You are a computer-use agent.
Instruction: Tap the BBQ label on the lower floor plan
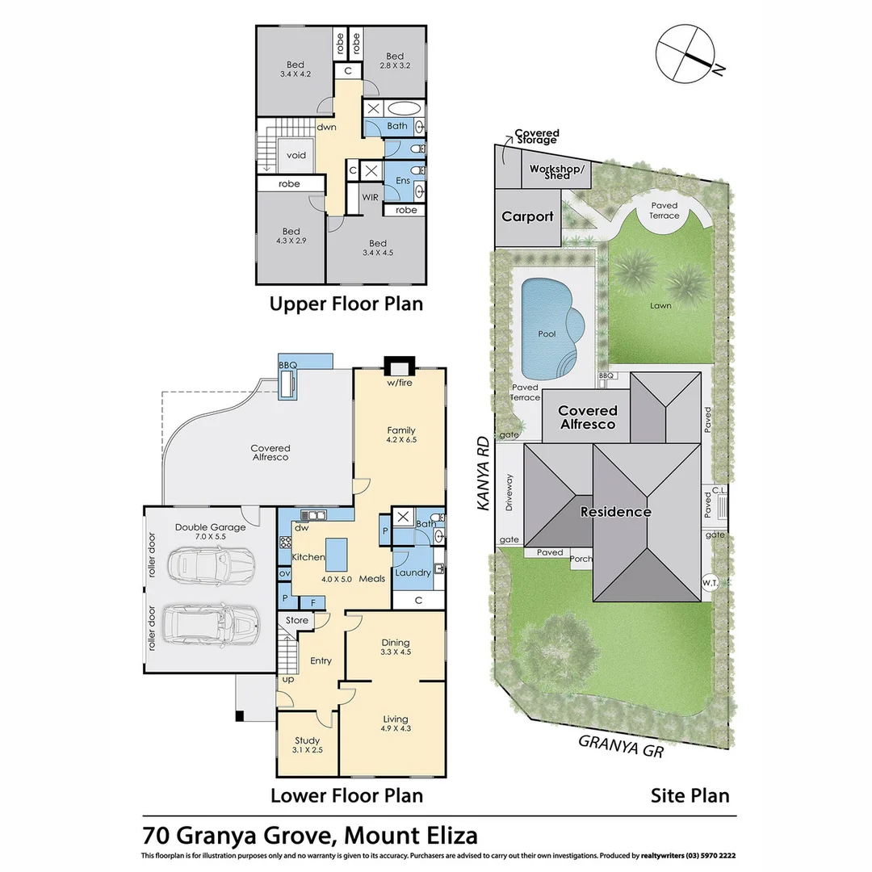click(287, 366)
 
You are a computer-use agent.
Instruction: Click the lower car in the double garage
click(210, 623)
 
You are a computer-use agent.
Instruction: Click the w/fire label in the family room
click(399, 383)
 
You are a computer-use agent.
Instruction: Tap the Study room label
click(307, 740)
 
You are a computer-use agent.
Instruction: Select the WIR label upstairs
click(371, 197)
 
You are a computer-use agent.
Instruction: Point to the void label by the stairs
click(296, 156)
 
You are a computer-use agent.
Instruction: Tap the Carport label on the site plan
click(527, 216)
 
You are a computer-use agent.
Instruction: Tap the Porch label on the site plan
click(581, 559)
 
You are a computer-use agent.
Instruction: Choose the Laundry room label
click(413, 572)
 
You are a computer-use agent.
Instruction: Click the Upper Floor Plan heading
click(346, 304)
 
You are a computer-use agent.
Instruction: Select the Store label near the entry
click(297, 621)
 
